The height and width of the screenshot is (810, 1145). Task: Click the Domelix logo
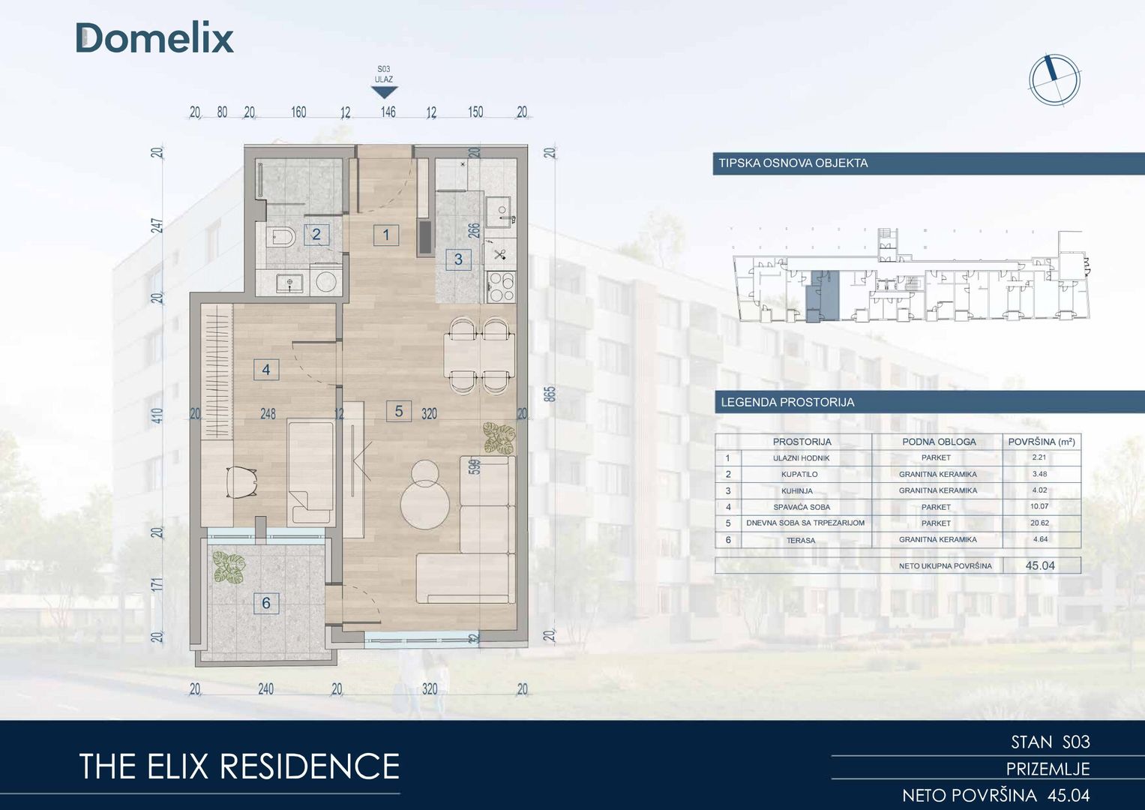pos(154,37)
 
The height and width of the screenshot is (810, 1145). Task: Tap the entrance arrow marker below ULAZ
pos(385,92)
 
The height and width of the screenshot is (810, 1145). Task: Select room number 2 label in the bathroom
pos(316,235)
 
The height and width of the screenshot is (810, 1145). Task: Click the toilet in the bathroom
pos(281,238)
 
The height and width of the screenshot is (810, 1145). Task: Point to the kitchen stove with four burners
pos(502,287)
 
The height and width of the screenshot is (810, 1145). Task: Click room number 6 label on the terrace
pos(265,603)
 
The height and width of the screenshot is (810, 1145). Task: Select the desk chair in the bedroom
pos(241,481)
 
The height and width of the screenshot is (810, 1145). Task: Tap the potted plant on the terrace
pos(229,566)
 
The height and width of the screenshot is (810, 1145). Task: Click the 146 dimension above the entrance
pos(388,112)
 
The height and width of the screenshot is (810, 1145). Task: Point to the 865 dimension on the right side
pos(550,394)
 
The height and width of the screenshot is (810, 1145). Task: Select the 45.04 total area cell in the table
pos(1040,565)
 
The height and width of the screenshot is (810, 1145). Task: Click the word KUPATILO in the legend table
pos(799,474)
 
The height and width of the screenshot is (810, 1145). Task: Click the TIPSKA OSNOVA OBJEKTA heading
pos(793,163)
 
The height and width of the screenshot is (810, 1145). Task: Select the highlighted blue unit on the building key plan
pos(823,296)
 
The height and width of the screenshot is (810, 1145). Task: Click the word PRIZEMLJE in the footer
pos(1048,769)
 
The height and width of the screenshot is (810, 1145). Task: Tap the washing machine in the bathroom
pos(325,280)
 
